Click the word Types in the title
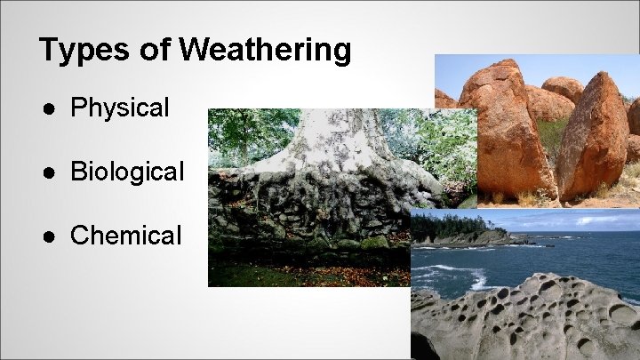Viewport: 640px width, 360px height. (79, 50)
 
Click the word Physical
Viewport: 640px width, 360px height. (119, 108)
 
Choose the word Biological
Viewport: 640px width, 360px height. (127, 172)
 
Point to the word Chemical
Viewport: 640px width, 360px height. (125, 236)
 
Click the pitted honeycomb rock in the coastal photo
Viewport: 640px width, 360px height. (533, 316)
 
